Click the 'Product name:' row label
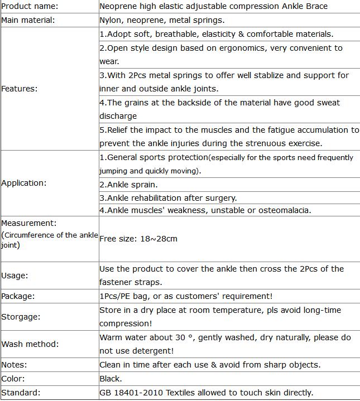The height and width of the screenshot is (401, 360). point(30,6)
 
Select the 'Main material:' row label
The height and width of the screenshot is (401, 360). point(28,20)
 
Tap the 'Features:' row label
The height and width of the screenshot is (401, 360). point(20,89)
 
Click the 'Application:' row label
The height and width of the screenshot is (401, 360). point(24,183)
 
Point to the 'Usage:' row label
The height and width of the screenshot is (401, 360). point(15,276)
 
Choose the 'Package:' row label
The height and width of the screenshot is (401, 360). point(18,296)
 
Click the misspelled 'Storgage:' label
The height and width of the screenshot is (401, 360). point(21,317)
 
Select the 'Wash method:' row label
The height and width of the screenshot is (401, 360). point(30,344)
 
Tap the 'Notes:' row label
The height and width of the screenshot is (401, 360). point(15,365)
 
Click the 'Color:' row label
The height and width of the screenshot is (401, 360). point(13,379)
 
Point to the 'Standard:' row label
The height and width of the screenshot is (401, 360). point(21,393)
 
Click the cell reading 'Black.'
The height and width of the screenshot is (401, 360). point(111,379)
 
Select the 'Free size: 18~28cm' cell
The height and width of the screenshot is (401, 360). point(138,239)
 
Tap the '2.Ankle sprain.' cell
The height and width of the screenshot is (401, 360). point(128,185)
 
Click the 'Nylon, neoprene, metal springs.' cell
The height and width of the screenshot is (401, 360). point(162,20)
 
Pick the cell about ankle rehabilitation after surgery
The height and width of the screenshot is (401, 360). point(168,198)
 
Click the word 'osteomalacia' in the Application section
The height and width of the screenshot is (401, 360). point(286,210)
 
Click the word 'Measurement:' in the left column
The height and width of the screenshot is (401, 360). point(29,224)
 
